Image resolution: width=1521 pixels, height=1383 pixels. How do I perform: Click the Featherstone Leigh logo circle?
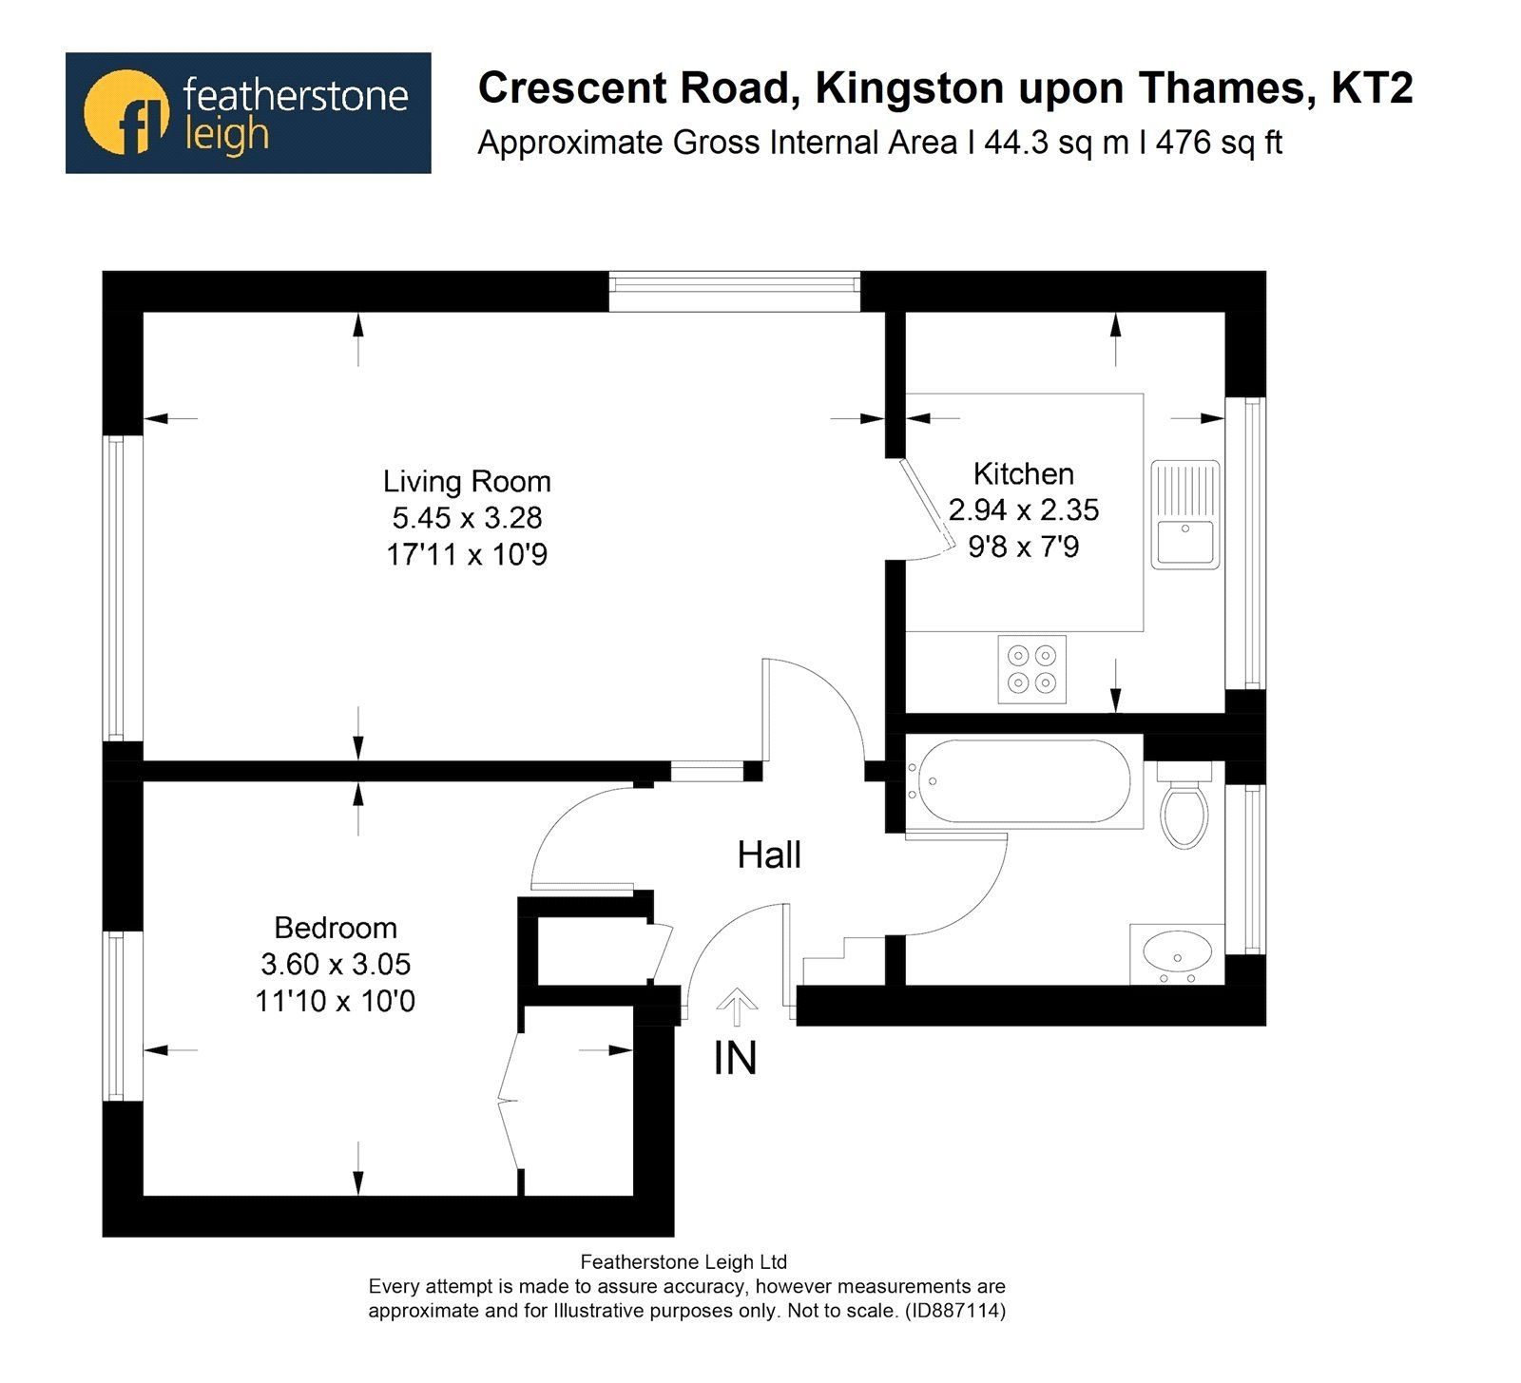point(125,112)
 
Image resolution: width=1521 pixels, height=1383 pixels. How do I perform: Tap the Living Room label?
point(466,482)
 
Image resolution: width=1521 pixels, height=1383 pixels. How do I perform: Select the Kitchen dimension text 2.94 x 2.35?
point(1023,510)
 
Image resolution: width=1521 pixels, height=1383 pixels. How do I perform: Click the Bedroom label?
point(335,928)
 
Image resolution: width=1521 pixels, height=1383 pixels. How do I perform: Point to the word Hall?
point(769,855)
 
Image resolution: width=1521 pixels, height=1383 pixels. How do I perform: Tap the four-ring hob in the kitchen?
point(1031,669)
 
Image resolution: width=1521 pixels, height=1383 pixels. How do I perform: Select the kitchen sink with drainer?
point(1184,514)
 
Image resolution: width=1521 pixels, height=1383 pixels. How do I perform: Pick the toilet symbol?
point(1184,810)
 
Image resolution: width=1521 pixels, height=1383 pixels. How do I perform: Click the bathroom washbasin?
point(1177,952)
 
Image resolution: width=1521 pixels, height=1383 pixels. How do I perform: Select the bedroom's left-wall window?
point(115,1014)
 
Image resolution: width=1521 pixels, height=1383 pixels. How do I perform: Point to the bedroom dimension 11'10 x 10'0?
point(335,1001)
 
